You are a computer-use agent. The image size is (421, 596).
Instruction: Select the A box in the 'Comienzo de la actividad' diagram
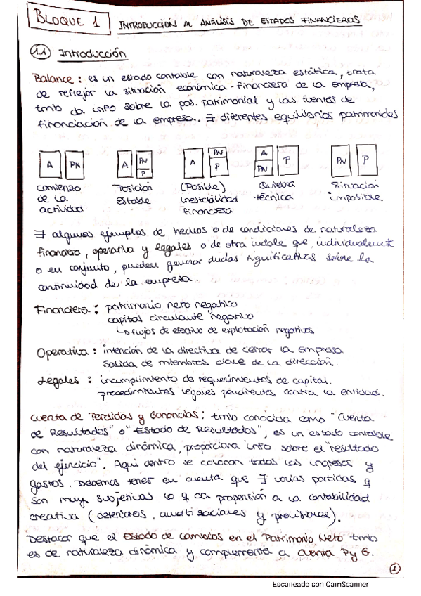[51, 165]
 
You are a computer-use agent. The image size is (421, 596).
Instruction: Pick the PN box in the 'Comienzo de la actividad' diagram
[74, 165]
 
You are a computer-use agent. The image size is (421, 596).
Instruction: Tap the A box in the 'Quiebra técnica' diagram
[264, 154]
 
